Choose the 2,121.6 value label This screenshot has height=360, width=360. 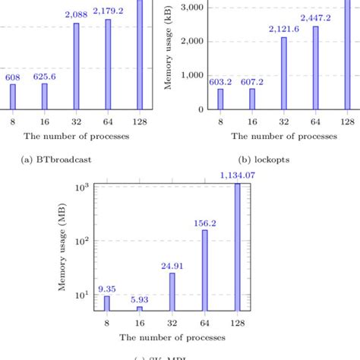(x=284, y=29)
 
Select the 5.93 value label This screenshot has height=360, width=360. (x=140, y=299)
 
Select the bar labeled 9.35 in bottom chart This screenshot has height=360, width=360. (x=106, y=304)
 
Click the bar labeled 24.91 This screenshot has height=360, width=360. (x=172, y=292)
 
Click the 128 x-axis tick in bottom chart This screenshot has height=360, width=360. (x=238, y=323)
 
